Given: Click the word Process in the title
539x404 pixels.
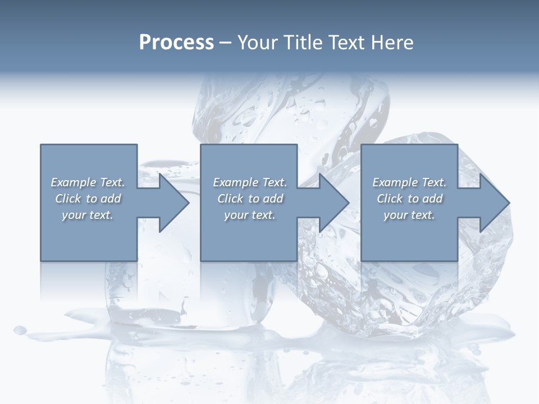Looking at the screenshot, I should tap(176, 42).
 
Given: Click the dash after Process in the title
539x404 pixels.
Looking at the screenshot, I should tap(225, 43).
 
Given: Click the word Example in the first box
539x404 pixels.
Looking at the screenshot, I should tap(74, 182).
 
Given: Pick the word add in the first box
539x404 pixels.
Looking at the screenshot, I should tap(111, 199).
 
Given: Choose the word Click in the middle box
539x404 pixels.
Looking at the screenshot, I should tap(230, 199).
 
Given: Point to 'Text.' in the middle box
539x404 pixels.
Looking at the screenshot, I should tap(275, 182).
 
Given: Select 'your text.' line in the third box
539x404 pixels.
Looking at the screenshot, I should tap(409, 215).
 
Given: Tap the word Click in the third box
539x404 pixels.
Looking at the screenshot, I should tap(390, 199).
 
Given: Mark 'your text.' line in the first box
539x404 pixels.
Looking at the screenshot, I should tap(87, 215).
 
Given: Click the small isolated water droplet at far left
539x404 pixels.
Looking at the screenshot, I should tap(20, 329).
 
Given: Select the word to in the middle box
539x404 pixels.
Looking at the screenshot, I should tap(254, 199).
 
